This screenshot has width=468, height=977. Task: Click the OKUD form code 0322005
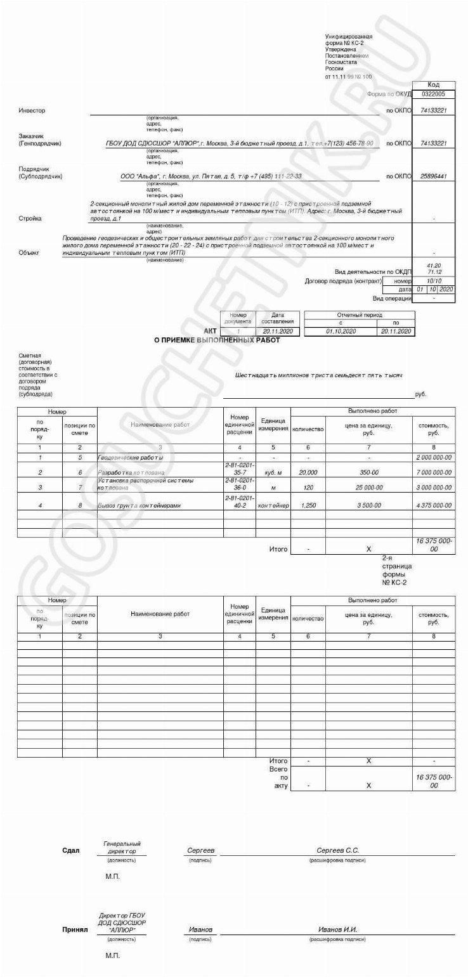click(x=434, y=94)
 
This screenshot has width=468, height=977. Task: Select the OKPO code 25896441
click(x=434, y=176)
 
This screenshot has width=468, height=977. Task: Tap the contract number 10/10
click(x=434, y=280)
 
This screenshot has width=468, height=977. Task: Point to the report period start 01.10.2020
click(x=341, y=331)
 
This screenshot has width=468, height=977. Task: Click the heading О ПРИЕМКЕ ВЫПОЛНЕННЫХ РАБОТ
click(x=217, y=340)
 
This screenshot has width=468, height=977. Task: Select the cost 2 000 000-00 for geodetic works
click(x=434, y=457)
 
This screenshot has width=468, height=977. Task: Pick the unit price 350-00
click(x=368, y=472)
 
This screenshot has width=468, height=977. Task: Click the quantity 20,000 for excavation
click(x=308, y=472)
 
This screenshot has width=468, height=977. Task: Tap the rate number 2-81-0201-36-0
click(x=239, y=484)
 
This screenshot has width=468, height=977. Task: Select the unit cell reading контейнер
click(x=273, y=506)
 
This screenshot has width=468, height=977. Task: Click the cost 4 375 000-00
click(x=434, y=506)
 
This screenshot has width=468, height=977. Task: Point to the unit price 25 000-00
click(x=368, y=488)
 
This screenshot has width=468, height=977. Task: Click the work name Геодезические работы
click(x=131, y=457)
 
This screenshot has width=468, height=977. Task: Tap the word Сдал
click(x=71, y=850)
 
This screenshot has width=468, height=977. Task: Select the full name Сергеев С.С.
click(x=338, y=850)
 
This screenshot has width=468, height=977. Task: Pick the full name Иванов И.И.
click(x=338, y=930)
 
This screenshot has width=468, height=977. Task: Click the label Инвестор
click(x=32, y=110)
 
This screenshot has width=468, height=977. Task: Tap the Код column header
click(x=434, y=84)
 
